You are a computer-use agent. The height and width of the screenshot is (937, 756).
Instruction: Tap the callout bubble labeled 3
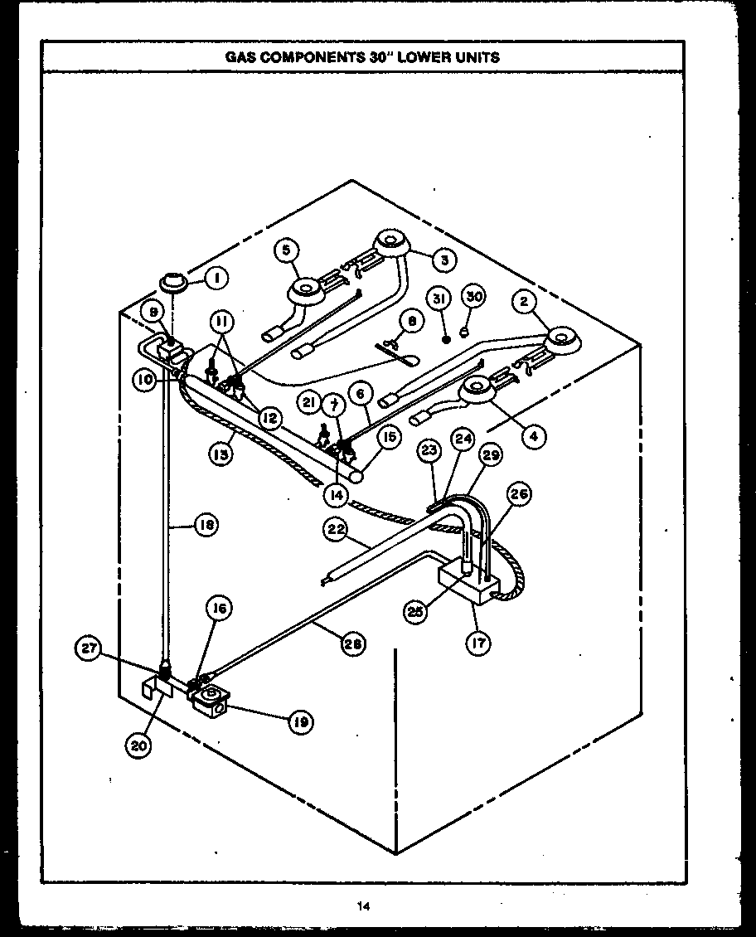(444, 260)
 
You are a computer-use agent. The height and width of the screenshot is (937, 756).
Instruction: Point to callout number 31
(439, 298)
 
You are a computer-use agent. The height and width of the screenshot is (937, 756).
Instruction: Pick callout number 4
(533, 435)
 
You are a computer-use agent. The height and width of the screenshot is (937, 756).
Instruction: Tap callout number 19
(300, 721)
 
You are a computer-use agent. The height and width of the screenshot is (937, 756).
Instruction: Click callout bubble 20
(138, 745)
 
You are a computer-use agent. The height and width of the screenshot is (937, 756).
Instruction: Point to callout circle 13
(220, 454)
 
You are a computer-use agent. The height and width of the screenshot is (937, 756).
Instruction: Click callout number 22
(335, 532)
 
